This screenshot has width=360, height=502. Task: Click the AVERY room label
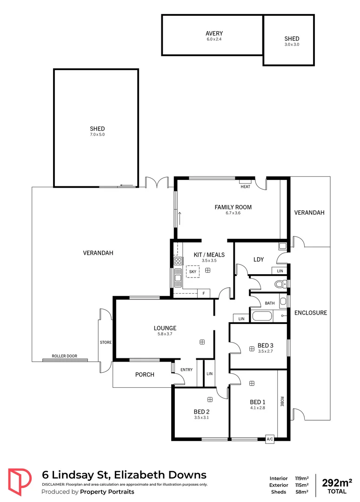click(x=214, y=33)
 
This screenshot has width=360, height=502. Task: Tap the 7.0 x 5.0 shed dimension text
click(x=97, y=134)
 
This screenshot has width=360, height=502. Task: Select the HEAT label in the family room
click(x=245, y=187)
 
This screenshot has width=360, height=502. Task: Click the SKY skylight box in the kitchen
click(x=192, y=271)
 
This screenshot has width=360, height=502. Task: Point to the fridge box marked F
click(x=203, y=293)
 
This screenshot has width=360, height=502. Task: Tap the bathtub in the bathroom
click(x=262, y=317)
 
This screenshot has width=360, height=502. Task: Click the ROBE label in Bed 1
click(x=282, y=402)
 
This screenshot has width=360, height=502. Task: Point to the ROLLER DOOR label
click(x=64, y=356)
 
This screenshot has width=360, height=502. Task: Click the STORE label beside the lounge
click(x=106, y=343)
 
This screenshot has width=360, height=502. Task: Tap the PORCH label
click(x=145, y=374)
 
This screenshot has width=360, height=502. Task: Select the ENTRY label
click(x=187, y=370)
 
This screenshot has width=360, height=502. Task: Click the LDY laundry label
click(x=259, y=259)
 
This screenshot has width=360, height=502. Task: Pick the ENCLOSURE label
click(x=311, y=313)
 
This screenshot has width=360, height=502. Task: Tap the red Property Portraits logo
click(x=20, y=482)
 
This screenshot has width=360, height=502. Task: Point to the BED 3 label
click(x=265, y=345)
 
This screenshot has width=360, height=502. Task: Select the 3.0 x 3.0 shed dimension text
click(x=292, y=45)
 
